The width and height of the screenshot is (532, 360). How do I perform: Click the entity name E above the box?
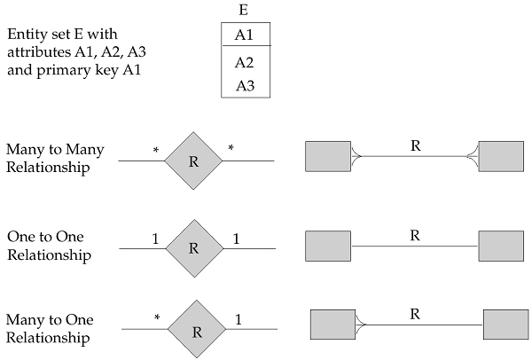[x=245, y=12]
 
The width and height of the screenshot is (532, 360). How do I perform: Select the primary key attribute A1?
[x=245, y=35]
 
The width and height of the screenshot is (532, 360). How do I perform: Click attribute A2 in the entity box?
[x=245, y=63]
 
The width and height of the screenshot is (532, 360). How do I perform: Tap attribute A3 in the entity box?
[x=245, y=85]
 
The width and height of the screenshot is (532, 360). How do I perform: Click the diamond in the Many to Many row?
[x=193, y=160]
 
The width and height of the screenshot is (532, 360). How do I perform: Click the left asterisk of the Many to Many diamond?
[x=156, y=151]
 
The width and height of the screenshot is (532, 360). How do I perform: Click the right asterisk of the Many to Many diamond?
[x=231, y=148]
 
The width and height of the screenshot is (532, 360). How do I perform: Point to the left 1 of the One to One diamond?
[x=154, y=239]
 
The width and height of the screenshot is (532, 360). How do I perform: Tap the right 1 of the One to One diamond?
[x=236, y=239]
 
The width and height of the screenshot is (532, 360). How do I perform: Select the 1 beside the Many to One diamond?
[x=238, y=317]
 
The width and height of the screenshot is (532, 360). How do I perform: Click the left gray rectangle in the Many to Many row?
[x=327, y=156]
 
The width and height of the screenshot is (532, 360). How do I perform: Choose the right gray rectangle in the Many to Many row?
[x=500, y=156]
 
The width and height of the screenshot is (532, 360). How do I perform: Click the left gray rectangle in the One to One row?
[x=327, y=244]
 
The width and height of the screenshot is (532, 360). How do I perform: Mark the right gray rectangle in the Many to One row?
[x=506, y=325]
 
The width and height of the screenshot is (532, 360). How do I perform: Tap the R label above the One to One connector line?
[x=414, y=235]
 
